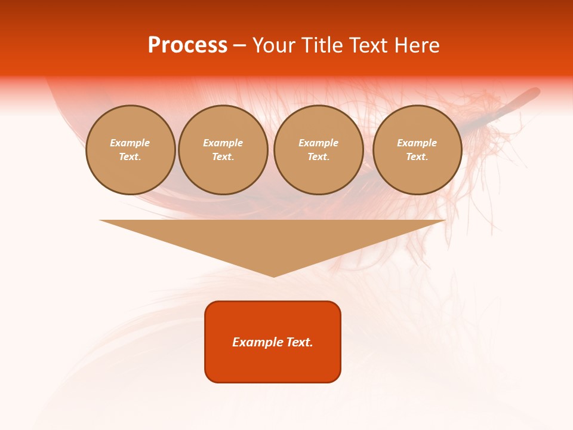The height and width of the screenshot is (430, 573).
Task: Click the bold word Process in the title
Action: coord(187,45)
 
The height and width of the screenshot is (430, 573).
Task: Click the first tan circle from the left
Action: coord(131,150)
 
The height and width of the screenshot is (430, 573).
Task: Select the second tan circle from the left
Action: coord(223,150)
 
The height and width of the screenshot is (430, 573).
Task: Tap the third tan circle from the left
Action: coord(319,150)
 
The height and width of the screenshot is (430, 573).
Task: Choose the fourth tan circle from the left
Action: coord(417,150)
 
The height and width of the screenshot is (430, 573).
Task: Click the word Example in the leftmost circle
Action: coord(130,143)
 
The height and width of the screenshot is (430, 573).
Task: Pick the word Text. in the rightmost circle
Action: coord(417,156)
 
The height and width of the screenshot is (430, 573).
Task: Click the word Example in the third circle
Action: coord(319,143)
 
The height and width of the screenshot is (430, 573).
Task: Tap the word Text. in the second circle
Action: coord(223,156)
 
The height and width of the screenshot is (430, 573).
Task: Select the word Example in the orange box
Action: coord(258,342)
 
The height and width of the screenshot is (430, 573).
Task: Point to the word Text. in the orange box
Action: coord(300,342)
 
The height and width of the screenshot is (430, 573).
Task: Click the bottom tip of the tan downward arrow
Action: coord(273,275)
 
